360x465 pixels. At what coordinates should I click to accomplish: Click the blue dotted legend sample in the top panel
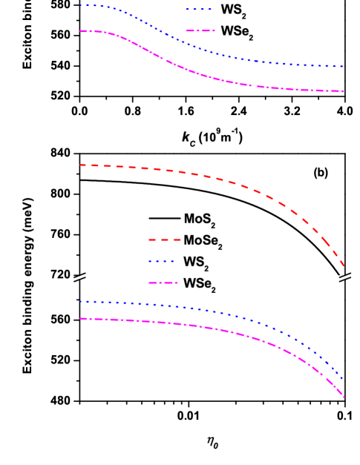tap(199, 10)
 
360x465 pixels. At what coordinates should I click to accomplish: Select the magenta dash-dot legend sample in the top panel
tap(200, 31)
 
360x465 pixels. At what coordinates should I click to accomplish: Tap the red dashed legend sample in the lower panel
tap(164, 240)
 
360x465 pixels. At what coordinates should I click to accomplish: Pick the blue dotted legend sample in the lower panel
tap(161, 261)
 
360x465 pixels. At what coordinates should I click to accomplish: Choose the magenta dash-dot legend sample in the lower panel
tap(163, 283)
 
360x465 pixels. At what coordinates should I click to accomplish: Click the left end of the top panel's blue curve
tap(80, 5)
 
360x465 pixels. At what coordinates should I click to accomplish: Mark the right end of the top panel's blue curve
tap(343, 67)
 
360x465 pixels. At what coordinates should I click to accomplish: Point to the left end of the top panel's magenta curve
tap(80, 31)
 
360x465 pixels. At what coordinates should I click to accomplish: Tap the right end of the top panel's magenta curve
tap(343, 91)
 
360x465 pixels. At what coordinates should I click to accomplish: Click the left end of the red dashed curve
tap(80, 165)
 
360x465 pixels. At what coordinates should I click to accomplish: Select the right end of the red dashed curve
tap(344, 266)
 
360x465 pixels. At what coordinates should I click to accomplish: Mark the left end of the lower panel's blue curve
tap(80, 302)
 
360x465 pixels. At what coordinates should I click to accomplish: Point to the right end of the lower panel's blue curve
tap(343, 379)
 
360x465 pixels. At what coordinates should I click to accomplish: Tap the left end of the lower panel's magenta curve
tap(80, 318)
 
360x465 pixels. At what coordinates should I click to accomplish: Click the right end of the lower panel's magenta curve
tap(344, 398)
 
